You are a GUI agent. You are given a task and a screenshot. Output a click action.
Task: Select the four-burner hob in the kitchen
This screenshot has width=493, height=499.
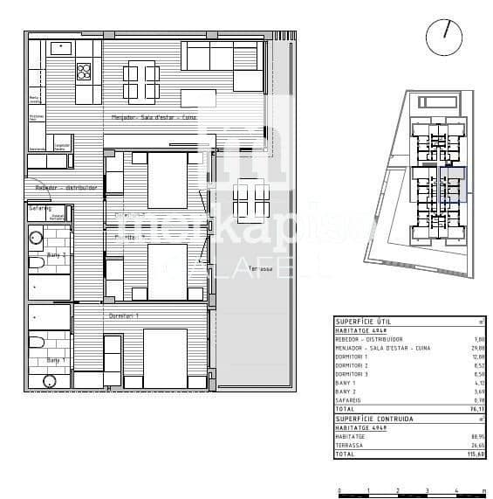click(85, 70)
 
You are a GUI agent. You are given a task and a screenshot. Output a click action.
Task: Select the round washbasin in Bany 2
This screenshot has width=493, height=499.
click(37, 235)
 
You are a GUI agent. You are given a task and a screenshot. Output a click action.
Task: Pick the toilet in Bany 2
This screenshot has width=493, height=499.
click(37, 263)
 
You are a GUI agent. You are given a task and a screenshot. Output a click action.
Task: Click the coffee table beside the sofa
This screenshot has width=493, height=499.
click(198, 95)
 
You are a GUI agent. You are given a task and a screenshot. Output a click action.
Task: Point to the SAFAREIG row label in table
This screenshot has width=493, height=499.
click(352, 400)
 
